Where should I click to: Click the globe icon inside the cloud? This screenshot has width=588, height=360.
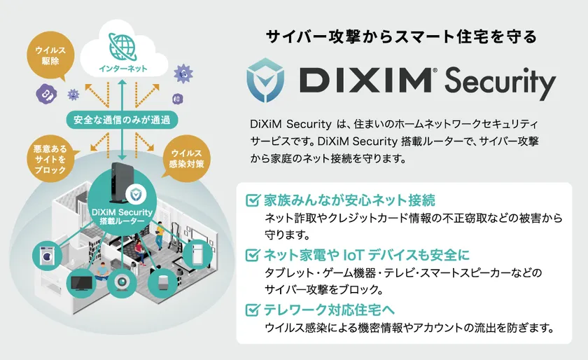tap(123, 48)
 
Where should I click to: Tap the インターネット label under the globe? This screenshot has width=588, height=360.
tap(123, 69)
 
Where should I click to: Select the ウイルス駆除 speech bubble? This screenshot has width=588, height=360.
tap(50, 55)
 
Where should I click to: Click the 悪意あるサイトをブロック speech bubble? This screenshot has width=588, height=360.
tap(50, 159)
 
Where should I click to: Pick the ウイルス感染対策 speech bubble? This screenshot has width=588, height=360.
tap(186, 159)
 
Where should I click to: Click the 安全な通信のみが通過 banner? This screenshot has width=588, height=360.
tap(122, 120)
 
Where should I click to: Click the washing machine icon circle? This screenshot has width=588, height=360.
tap(48, 256)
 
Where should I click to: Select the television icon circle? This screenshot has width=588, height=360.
tap(81, 283)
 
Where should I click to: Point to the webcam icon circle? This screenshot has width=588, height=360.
tap(122, 283)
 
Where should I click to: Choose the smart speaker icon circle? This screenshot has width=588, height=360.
tap(162, 283)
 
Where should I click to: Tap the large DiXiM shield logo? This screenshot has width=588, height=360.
tap(265, 80)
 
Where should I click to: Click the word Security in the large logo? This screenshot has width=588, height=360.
tap(500, 82)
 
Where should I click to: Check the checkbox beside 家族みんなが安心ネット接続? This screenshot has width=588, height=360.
tap(253, 200)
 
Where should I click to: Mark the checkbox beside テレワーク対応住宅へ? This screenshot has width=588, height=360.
tap(253, 310)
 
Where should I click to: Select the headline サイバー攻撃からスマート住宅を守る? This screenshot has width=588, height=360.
tap(401, 37)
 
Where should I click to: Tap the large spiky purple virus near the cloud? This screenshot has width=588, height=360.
tap(183, 74)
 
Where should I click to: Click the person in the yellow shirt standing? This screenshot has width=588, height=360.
tap(160, 235)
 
